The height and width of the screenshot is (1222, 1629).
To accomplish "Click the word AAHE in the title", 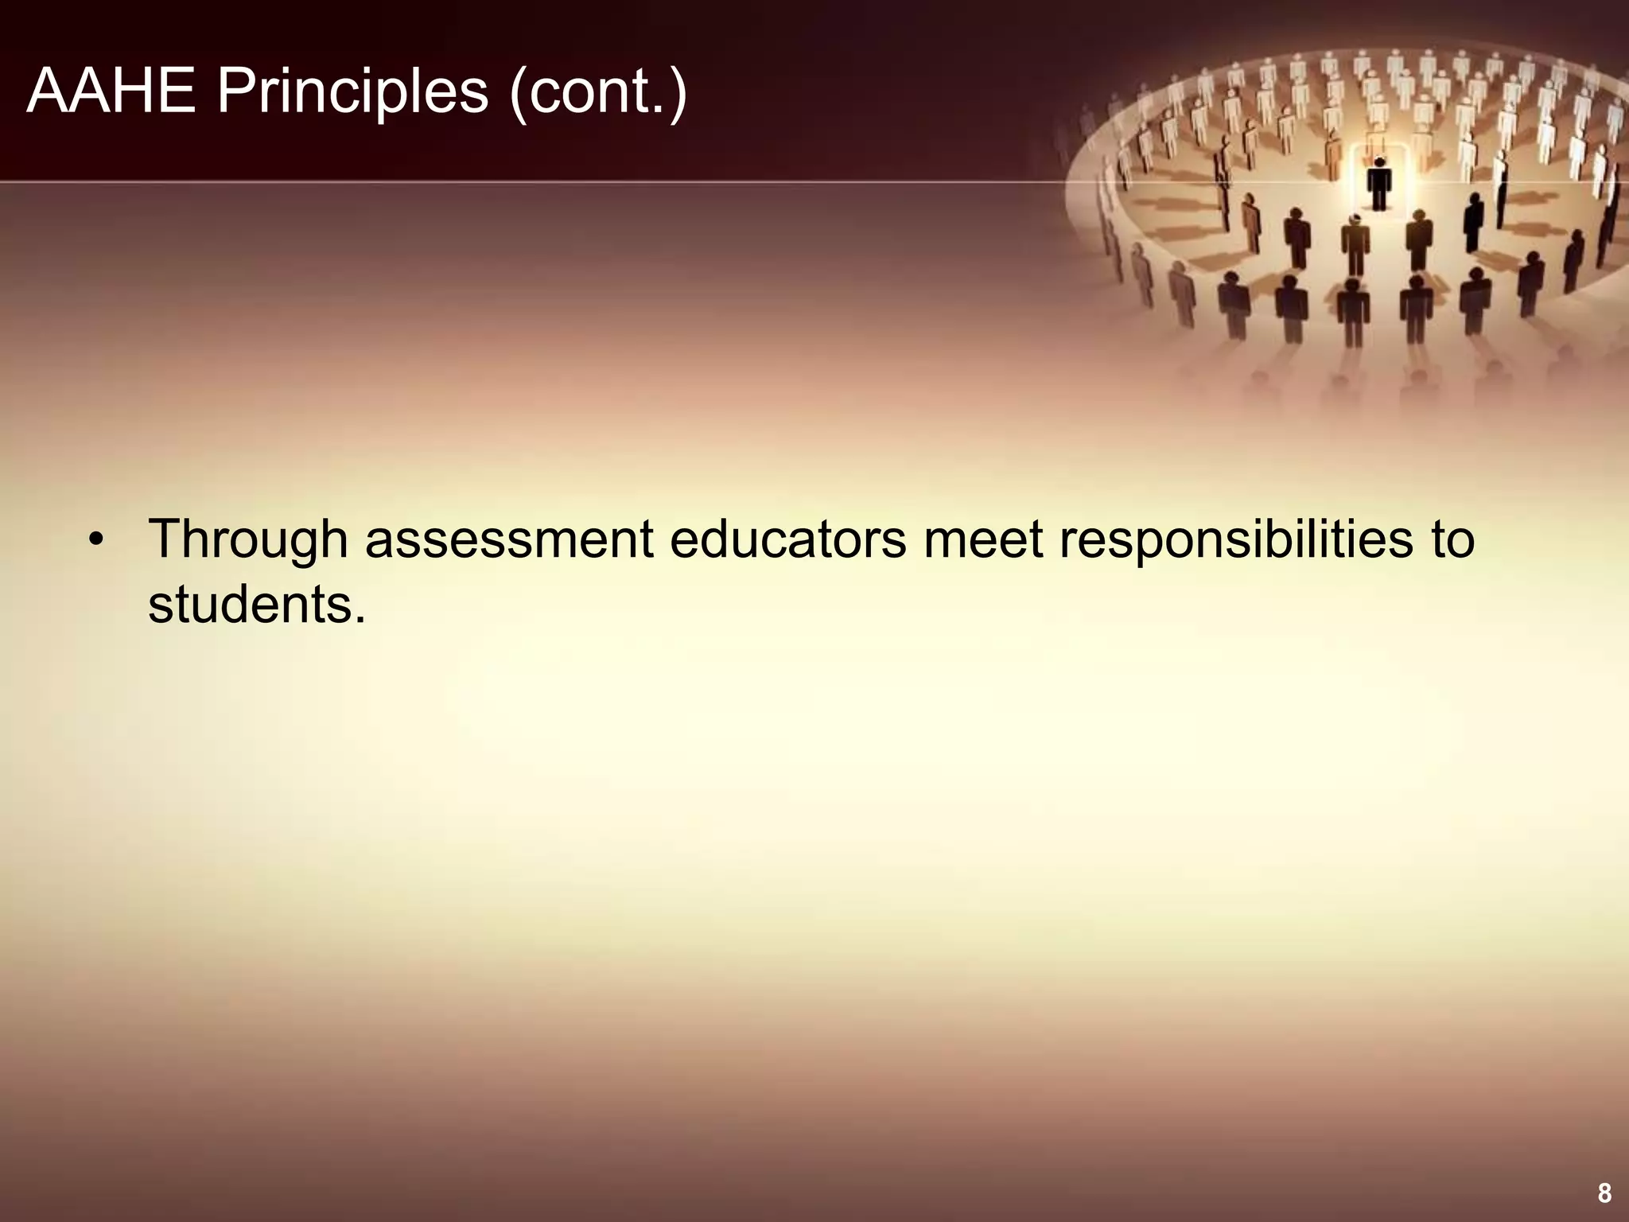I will click(x=111, y=91).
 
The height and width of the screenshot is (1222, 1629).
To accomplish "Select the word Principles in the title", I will click(x=352, y=93).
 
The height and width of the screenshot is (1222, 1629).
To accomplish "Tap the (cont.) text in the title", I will click(x=598, y=93).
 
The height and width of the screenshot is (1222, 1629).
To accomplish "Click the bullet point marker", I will click(x=96, y=540).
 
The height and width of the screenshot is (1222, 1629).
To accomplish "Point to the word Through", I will click(x=247, y=540).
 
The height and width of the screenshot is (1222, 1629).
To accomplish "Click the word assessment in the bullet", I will click(x=509, y=539).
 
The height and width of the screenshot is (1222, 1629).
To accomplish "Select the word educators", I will click(x=787, y=539).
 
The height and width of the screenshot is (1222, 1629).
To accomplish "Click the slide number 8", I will click(x=1604, y=1193).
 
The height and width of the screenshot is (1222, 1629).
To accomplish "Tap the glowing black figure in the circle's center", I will click(x=1379, y=182).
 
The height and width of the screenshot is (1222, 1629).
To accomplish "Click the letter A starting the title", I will click(x=46, y=91).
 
